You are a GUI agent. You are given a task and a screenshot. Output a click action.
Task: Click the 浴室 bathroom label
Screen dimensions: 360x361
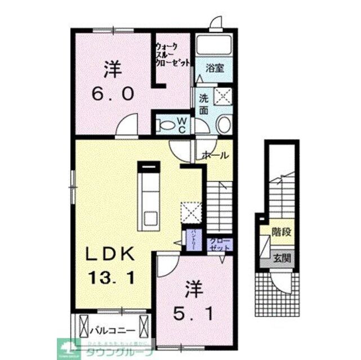(215, 68)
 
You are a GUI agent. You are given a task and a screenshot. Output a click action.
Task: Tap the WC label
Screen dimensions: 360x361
(182, 124)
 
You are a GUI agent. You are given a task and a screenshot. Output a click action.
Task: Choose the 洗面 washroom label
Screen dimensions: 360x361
(203, 103)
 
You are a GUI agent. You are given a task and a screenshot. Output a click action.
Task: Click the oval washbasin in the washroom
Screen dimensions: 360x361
(223, 124)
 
